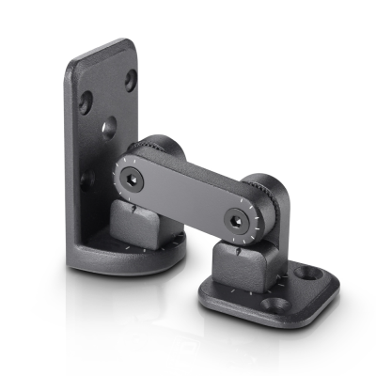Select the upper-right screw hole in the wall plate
(131, 80)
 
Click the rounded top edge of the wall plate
(103, 47)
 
